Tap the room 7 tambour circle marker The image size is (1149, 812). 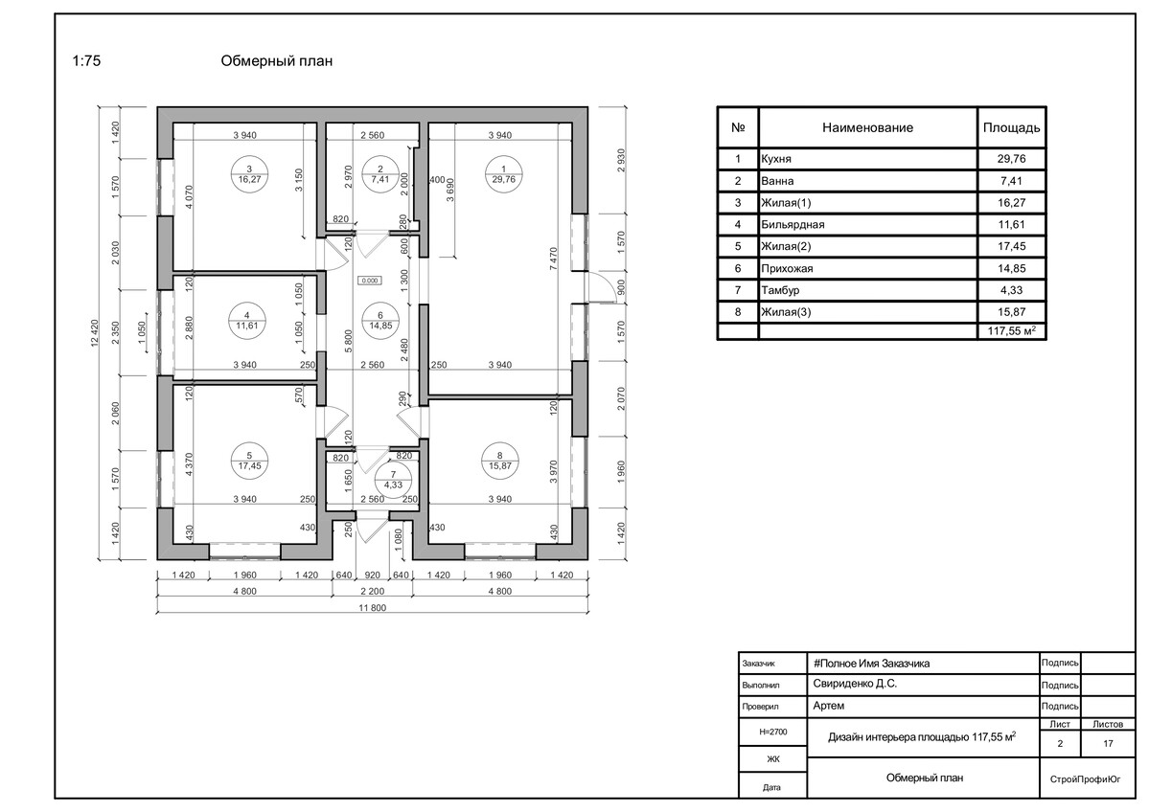[x=394, y=480]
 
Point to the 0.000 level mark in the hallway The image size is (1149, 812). [x=369, y=280]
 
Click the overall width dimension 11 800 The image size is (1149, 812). [x=372, y=608]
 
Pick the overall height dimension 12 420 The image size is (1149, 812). [x=95, y=335]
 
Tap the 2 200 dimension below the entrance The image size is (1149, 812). [x=372, y=591]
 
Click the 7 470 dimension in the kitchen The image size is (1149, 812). [x=554, y=259]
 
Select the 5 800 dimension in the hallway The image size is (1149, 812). [x=349, y=342]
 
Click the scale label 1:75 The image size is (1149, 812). [x=86, y=60]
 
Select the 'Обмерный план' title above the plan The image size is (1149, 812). [x=277, y=60]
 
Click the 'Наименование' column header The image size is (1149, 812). [x=867, y=127]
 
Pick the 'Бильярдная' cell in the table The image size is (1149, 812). [x=793, y=225]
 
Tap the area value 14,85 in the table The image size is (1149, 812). [x=1011, y=269]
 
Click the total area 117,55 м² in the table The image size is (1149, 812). [x=1012, y=331]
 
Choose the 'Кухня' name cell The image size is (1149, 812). [x=776, y=159]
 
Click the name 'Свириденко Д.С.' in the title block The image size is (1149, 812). [x=855, y=684]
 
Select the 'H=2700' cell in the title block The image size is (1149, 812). [x=773, y=731]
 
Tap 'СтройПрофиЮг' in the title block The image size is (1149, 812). [x=1085, y=779]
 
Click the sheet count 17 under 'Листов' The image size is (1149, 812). [x=1108, y=743]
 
